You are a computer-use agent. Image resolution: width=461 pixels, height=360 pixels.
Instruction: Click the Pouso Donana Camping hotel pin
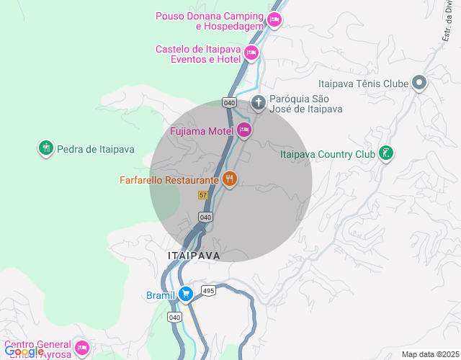pyautogui.click(x=273, y=19)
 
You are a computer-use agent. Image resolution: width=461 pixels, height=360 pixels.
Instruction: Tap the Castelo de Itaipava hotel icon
pyautogui.click(x=251, y=52)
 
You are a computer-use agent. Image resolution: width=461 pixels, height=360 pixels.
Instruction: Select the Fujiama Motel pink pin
pyautogui.click(x=243, y=130)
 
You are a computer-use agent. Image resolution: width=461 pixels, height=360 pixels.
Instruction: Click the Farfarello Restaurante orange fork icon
pyautogui.click(x=230, y=179)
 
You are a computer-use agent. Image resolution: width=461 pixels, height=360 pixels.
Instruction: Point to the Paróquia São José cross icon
pyautogui.click(x=259, y=102)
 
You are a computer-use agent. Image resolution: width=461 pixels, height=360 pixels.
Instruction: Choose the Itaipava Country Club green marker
pyautogui.click(x=386, y=153)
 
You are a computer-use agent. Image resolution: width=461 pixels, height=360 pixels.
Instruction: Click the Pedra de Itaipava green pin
pyautogui.click(x=46, y=148)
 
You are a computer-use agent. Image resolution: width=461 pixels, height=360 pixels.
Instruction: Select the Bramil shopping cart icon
pyautogui.click(x=185, y=294)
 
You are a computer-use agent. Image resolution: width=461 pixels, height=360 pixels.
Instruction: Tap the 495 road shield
pyautogui.click(x=209, y=291)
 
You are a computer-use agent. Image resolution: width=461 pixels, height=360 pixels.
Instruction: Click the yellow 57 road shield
pyautogui.click(x=203, y=195)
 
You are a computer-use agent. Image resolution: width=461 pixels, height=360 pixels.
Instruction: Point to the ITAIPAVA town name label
pyautogui.click(x=194, y=256)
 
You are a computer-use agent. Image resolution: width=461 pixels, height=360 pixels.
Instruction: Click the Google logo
pyautogui.click(x=24, y=351)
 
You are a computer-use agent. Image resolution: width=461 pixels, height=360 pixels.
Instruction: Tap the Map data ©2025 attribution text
pyautogui.click(x=429, y=354)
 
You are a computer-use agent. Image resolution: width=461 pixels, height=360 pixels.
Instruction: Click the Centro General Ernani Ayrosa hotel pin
pyautogui.click(x=81, y=348)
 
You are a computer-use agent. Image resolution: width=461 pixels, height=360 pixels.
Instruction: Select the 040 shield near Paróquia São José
pyautogui.click(x=229, y=102)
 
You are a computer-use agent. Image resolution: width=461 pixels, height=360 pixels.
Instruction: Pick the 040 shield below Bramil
pyautogui.click(x=174, y=317)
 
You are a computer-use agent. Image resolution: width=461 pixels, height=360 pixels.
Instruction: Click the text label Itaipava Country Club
pyautogui.click(x=327, y=154)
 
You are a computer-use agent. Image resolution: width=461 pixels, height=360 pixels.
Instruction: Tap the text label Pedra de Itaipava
pyautogui.click(x=96, y=149)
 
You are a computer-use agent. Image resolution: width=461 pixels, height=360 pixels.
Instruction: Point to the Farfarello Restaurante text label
pyautogui.click(x=169, y=180)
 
